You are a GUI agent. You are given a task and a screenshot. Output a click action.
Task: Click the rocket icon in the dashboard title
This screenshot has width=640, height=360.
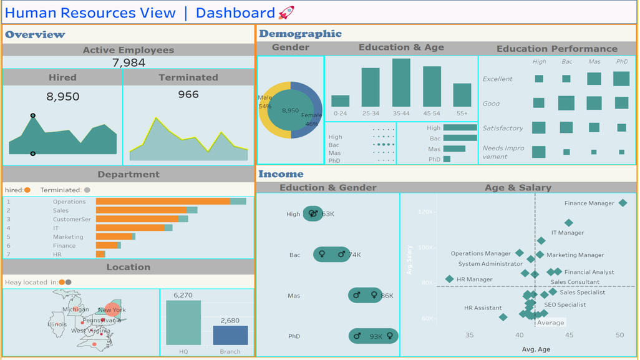click(286, 12)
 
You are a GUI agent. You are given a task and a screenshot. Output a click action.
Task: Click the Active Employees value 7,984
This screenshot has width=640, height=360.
click(129, 62)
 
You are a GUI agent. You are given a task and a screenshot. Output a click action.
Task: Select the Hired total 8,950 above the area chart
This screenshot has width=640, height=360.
click(63, 97)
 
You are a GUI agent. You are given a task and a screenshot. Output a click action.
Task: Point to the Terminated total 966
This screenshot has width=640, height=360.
click(188, 95)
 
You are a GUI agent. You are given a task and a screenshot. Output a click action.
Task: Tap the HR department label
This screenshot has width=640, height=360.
click(57, 255)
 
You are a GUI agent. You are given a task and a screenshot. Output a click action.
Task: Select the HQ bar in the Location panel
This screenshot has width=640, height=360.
click(183, 323)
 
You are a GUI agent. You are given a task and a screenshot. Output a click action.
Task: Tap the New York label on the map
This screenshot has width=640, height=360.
click(112, 310)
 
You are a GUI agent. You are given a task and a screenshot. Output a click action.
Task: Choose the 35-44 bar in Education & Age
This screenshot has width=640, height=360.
click(401, 83)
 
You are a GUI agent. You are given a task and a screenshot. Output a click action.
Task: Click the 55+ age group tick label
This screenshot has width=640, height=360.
click(462, 114)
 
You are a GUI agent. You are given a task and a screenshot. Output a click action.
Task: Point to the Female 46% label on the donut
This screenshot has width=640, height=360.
click(311, 119)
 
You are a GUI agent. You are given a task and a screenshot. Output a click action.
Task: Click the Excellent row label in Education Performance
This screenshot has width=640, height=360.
click(497, 79)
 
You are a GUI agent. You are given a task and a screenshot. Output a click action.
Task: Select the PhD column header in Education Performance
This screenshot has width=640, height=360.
click(622, 62)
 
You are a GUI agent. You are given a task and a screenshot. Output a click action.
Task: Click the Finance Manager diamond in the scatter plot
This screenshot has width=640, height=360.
click(623, 203)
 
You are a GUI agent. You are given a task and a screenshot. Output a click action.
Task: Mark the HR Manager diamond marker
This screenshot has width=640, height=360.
click(449, 279)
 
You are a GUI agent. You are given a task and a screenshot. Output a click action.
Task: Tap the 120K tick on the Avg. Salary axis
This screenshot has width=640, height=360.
click(425, 212)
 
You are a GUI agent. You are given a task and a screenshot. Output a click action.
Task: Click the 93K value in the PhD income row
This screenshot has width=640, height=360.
click(376, 337)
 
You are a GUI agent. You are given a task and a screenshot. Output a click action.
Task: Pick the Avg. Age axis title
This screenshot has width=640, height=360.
click(535, 349)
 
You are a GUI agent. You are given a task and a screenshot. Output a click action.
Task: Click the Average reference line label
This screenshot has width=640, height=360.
click(551, 323)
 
